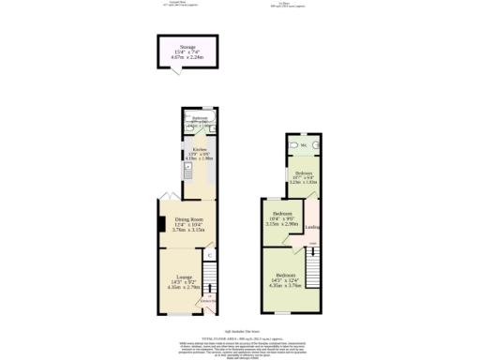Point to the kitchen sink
[x=188, y=171]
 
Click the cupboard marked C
[x=209, y=254]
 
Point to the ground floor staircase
[x=211, y=277]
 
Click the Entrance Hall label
[x=207, y=300]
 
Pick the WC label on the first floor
[x=304, y=145]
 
